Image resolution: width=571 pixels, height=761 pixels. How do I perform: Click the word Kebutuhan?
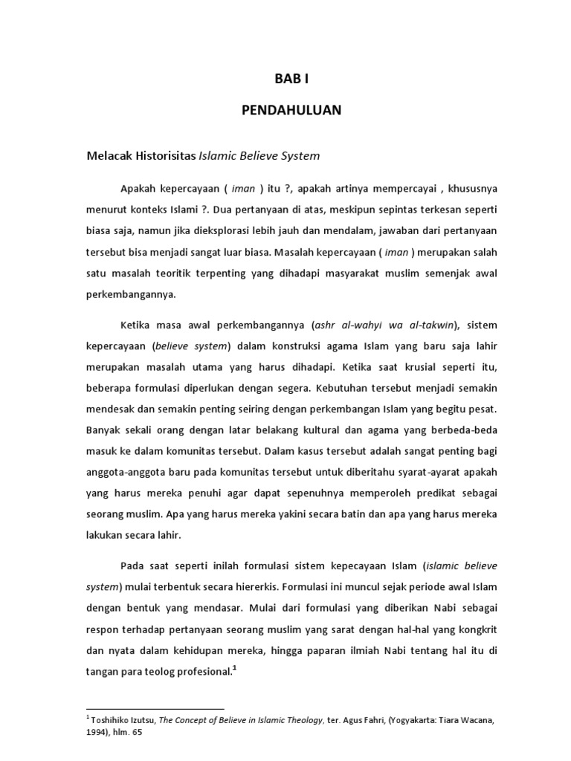[352, 388]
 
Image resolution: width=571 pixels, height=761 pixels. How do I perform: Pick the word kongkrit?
[476, 629]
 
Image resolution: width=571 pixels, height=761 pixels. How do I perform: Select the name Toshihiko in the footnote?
[112, 719]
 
